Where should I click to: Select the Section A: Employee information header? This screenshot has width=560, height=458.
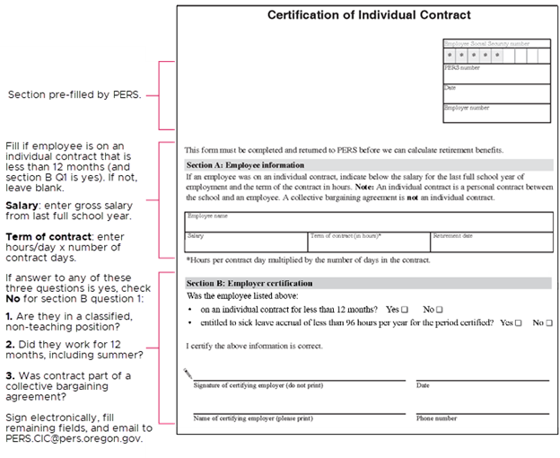pos(244,165)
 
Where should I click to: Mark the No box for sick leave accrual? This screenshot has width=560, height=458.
pos(548,321)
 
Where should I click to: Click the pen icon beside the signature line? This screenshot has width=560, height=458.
pos(187,372)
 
